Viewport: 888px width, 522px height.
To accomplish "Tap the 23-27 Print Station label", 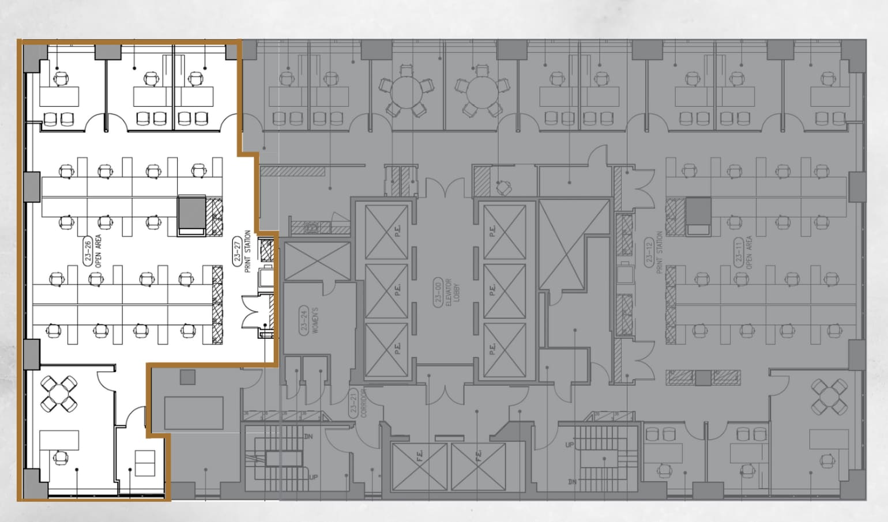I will [243, 251].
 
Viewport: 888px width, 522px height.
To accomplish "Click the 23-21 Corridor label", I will [358, 403].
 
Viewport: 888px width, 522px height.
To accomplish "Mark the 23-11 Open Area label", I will [744, 252].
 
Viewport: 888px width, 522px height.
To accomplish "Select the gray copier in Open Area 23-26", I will [192, 215].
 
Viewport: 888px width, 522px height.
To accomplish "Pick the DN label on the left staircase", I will [308, 437].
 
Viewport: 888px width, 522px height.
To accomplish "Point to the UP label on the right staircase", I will [570, 445].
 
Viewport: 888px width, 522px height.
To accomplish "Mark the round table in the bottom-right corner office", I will [829, 397].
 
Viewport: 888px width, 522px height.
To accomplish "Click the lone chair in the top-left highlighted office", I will [60, 77].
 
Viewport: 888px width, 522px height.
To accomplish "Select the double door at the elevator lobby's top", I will [445, 187].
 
